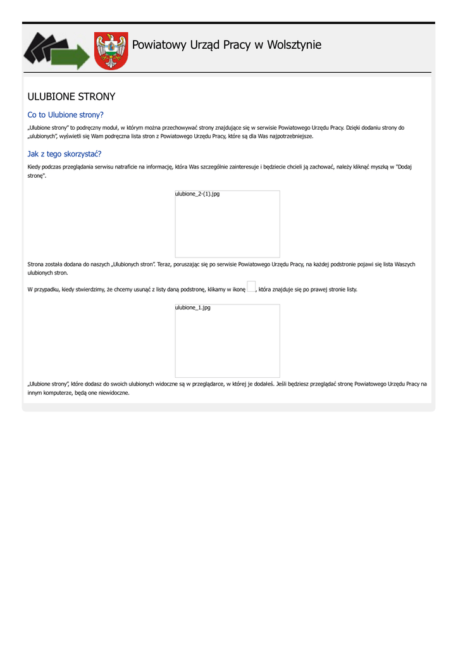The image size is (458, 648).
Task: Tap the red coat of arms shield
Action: (111, 51)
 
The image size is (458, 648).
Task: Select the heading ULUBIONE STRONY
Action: (71, 97)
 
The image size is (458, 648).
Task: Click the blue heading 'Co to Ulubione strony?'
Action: (65, 115)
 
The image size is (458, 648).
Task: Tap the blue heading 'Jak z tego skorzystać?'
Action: (65, 154)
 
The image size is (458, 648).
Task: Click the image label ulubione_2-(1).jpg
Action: (197, 194)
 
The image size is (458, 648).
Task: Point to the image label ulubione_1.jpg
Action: (193, 308)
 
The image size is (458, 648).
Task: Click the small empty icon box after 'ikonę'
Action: (251, 287)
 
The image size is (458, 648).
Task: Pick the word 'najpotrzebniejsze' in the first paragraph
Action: (290, 136)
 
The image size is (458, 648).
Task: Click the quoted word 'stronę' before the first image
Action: (36, 176)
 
